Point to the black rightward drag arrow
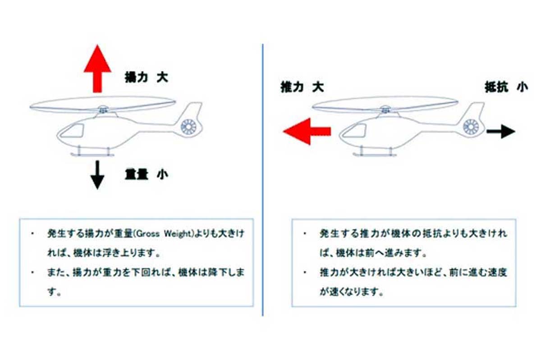[501, 132]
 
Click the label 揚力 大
[147, 77]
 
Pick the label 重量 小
[147, 174]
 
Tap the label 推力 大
[302, 87]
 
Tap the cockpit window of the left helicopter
[72, 131]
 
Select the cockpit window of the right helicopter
[354, 131]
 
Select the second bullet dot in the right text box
[305, 273]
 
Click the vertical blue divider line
[262, 180]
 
